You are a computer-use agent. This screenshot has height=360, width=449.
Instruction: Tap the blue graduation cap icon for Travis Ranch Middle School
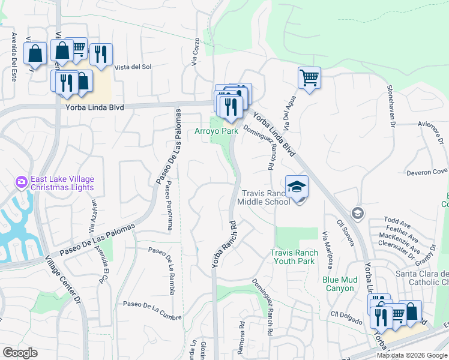297,188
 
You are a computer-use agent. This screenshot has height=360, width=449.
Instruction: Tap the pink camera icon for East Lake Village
22,181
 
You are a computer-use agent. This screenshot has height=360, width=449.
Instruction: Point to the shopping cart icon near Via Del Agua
309,77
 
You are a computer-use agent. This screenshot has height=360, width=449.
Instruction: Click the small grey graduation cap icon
357,213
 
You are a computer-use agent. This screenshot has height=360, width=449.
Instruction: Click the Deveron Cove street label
427,172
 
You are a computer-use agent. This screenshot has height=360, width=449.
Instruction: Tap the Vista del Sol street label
133,67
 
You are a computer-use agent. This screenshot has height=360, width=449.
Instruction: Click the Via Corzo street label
195,52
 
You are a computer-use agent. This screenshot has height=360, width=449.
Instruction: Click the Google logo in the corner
20,353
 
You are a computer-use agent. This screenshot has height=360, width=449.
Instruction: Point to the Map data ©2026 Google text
411,355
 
